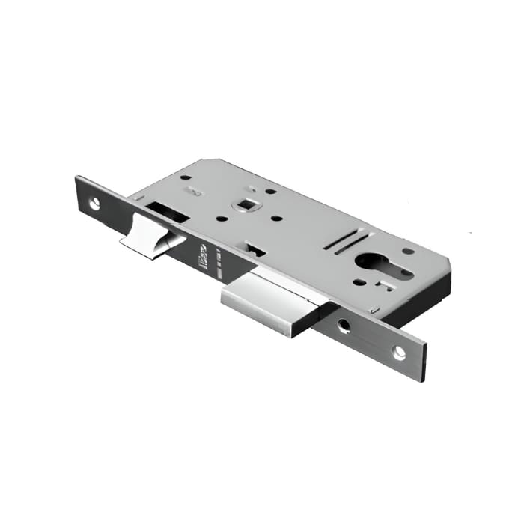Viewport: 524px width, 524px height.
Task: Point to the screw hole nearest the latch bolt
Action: (95, 202)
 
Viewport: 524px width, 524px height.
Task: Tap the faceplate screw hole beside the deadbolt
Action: (344, 326)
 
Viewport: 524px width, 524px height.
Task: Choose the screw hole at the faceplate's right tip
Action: (400, 351)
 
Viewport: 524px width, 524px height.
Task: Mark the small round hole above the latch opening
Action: (186, 178)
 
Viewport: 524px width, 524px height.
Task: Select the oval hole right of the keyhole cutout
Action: (408, 251)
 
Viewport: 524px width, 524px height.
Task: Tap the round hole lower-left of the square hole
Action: (222, 219)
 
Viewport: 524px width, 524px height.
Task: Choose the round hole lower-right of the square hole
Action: (276, 219)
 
